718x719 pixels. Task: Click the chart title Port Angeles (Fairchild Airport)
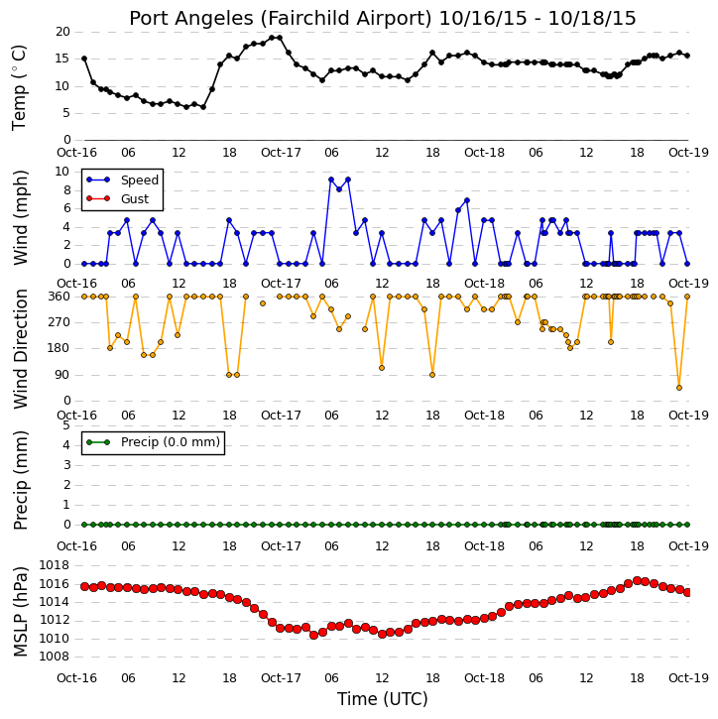(x=281, y=19)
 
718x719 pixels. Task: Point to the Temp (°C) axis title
(x=19, y=88)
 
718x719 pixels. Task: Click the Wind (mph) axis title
(x=20, y=218)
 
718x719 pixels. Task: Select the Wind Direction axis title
(x=20, y=349)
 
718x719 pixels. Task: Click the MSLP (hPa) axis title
(x=20, y=612)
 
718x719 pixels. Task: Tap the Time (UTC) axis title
(x=383, y=699)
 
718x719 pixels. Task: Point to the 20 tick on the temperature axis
(x=62, y=32)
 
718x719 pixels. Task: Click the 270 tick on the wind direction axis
(x=60, y=322)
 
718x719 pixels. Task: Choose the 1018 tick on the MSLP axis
(x=55, y=565)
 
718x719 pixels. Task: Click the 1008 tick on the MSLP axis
(x=55, y=657)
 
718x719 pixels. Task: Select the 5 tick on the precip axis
(x=66, y=425)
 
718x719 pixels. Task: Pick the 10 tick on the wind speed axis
(x=61, y=172)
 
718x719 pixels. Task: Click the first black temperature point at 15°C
(x=84, y=59)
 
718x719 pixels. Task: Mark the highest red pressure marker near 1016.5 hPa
(x=637, y=581)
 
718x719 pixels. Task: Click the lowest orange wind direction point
(x=679, y=388)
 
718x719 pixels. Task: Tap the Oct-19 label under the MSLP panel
(x=688, y=677)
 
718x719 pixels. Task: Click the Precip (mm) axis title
(x=20, y=481)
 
